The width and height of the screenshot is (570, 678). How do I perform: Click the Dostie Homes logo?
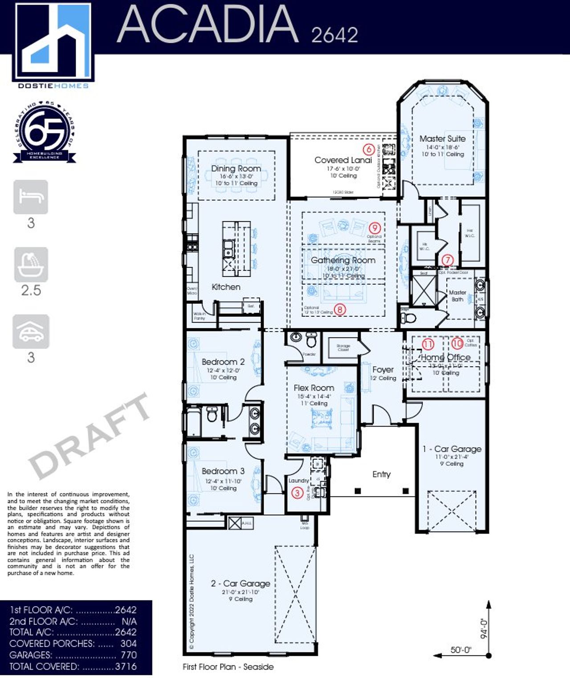click(x=53, y=45)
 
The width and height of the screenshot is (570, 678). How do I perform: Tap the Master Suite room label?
click(x=442, y=139)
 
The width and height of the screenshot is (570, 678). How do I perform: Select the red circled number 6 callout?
click(x=368, y=149)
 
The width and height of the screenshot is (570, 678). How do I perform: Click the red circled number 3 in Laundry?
click(x=297, y=492)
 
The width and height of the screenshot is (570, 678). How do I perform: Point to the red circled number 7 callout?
click(x=447, y=260)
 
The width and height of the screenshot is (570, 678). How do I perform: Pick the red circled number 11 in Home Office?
click(x=428, y=344)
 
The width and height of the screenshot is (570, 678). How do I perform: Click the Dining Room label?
click(x=236, y=168)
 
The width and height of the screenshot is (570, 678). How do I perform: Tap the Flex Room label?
click(x=313, y=388)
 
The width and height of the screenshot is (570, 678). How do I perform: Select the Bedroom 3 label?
click(x=223, y=471)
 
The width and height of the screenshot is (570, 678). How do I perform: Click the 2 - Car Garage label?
click(x=240, y=583)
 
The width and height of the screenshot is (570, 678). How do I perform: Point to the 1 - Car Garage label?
click(x=452, y=449)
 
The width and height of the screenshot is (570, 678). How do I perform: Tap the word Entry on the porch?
click(x=381, y=474)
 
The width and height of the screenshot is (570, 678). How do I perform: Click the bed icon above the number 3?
click(x=31, y=197)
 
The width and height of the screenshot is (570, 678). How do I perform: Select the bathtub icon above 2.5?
click(x=31, y=265)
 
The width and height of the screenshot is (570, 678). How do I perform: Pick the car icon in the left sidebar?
click(x=31, y=332)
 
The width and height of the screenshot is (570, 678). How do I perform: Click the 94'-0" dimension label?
click(x=484, y=628)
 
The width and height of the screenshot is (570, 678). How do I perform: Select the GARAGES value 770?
click(x=128, y=655)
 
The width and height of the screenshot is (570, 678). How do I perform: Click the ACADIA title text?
click(x=208, y=25)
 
